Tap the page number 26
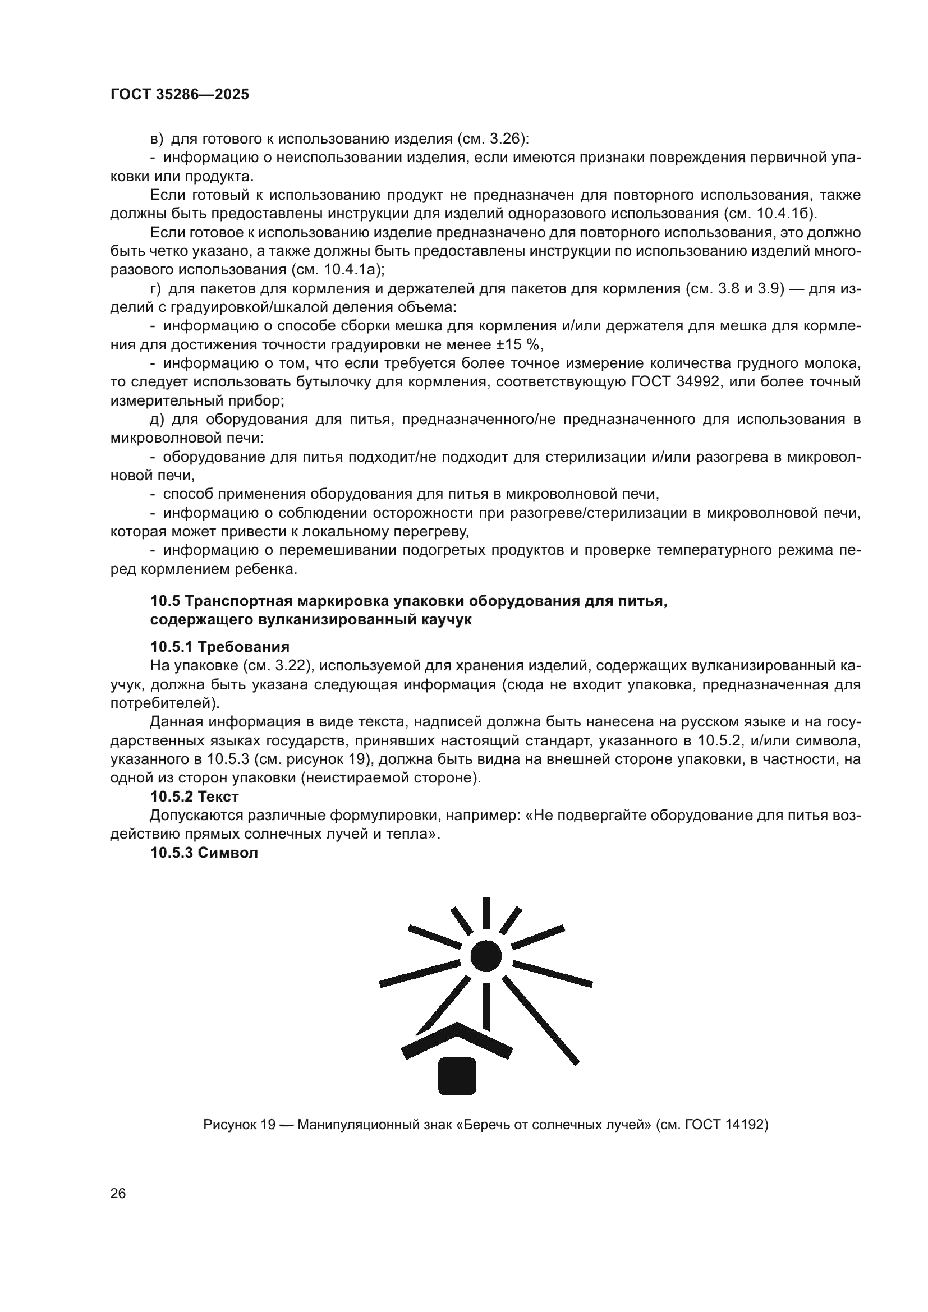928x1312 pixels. pyautogui.click(x=118, y=1193)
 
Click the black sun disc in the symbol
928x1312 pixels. pyautogui.click(x=486, y=955)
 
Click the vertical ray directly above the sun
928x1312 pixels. pyautogui.click(x=486, y=913)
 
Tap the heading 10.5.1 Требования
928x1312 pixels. pyautogui.click(x=219, y=646)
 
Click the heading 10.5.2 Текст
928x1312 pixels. pyautogui.click(x=194, y=796)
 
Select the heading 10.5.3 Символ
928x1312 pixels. pyautogui.click(x=204, y=853)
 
